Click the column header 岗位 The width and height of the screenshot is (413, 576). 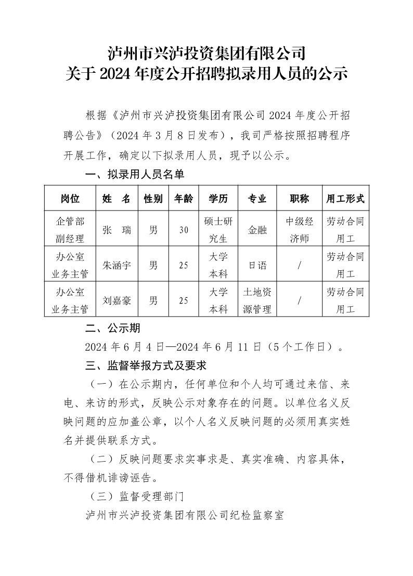(x=70, y=199)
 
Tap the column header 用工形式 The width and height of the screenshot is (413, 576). (x=345, y=199)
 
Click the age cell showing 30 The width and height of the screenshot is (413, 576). (x=184, y=230)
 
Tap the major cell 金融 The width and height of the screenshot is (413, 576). (x=257, y=230)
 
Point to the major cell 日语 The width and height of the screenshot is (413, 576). (x=257, y=265)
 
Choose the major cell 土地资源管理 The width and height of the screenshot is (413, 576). (x=257, y=300)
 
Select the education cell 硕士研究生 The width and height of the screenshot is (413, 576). (x=218, y=230)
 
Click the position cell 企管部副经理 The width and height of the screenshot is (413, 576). (x=70, y=230)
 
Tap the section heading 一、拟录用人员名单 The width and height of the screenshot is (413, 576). (x=135, y=175)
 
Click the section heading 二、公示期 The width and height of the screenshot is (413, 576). (x=112, y=329)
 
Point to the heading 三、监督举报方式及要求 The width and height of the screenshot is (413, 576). (x=146, y=366)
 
